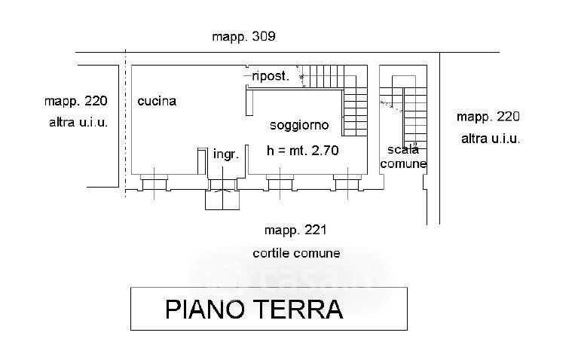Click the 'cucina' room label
point(157,101)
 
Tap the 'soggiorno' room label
point(299,125)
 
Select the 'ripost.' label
point(270,76)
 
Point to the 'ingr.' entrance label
point(226,154)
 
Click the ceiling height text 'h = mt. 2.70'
point(303,151)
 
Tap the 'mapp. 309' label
point(243,36)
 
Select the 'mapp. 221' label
point(295,230)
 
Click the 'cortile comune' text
point(296,253)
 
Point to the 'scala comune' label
point(403,157)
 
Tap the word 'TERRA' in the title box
point(298,310)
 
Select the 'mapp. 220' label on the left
point(76,101)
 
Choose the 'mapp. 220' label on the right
point(488,117)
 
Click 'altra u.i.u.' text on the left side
point(78,122)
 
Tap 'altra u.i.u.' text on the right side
point(491,139)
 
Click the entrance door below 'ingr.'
point(222,185)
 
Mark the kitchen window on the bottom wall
point(154,183)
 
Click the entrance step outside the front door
point(222,200)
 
